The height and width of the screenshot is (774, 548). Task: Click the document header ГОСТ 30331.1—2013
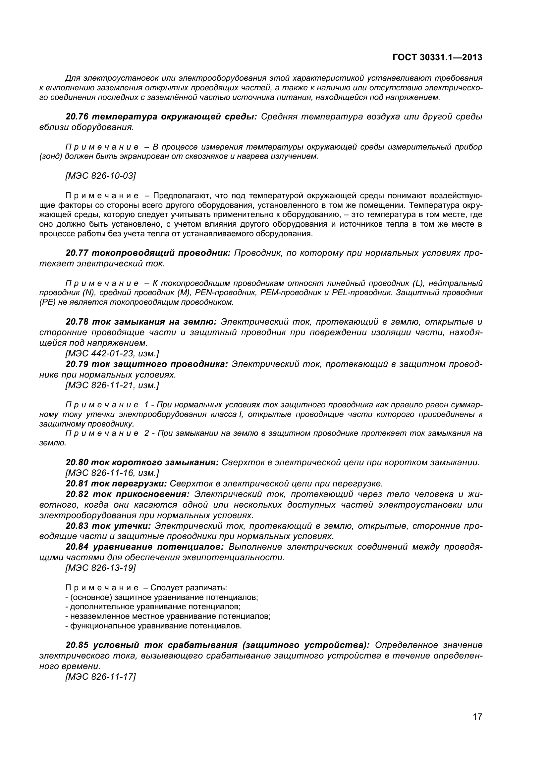point(437,58)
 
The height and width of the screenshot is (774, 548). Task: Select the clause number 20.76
point(77,117)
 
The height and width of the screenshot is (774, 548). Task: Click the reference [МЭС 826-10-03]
point(100,176)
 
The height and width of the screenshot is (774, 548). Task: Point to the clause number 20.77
point(77,253)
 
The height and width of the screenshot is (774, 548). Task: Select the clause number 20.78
point(77,322)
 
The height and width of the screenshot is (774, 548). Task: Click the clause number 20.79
point(77,364)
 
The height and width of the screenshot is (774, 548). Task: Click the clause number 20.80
point(77,463)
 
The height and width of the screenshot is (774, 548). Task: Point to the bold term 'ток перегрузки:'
point(129,484)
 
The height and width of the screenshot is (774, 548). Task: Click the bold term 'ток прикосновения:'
point(141,494)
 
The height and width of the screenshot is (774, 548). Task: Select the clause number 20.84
point(77,547)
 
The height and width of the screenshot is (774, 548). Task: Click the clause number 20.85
point(77,645)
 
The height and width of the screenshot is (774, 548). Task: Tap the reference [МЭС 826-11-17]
point(100,677)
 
